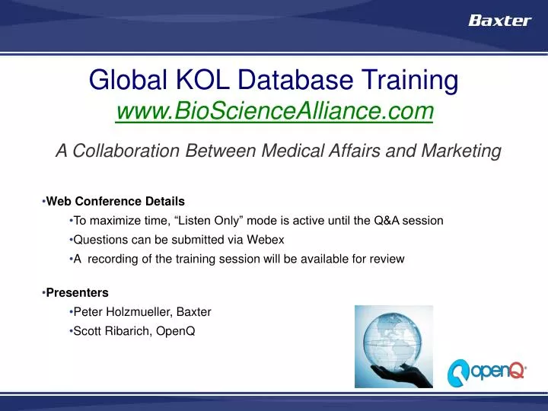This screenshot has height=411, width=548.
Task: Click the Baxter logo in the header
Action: pyautogui.click(x=499, y=21)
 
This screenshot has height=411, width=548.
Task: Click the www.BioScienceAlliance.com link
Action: pyautogui.click(x=274, y=112)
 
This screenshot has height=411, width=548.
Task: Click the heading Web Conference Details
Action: pyautogui.click(x=115, y=202)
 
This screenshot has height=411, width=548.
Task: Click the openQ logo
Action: pyautogui.click(x=486, y=371)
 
